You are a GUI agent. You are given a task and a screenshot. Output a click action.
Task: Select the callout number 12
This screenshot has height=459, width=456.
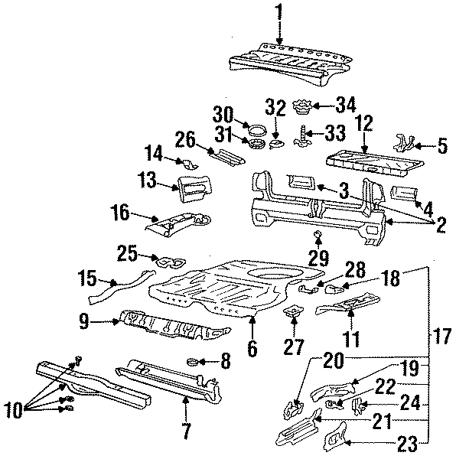363,123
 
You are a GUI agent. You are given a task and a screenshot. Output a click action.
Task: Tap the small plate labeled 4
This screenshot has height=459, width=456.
404,192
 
